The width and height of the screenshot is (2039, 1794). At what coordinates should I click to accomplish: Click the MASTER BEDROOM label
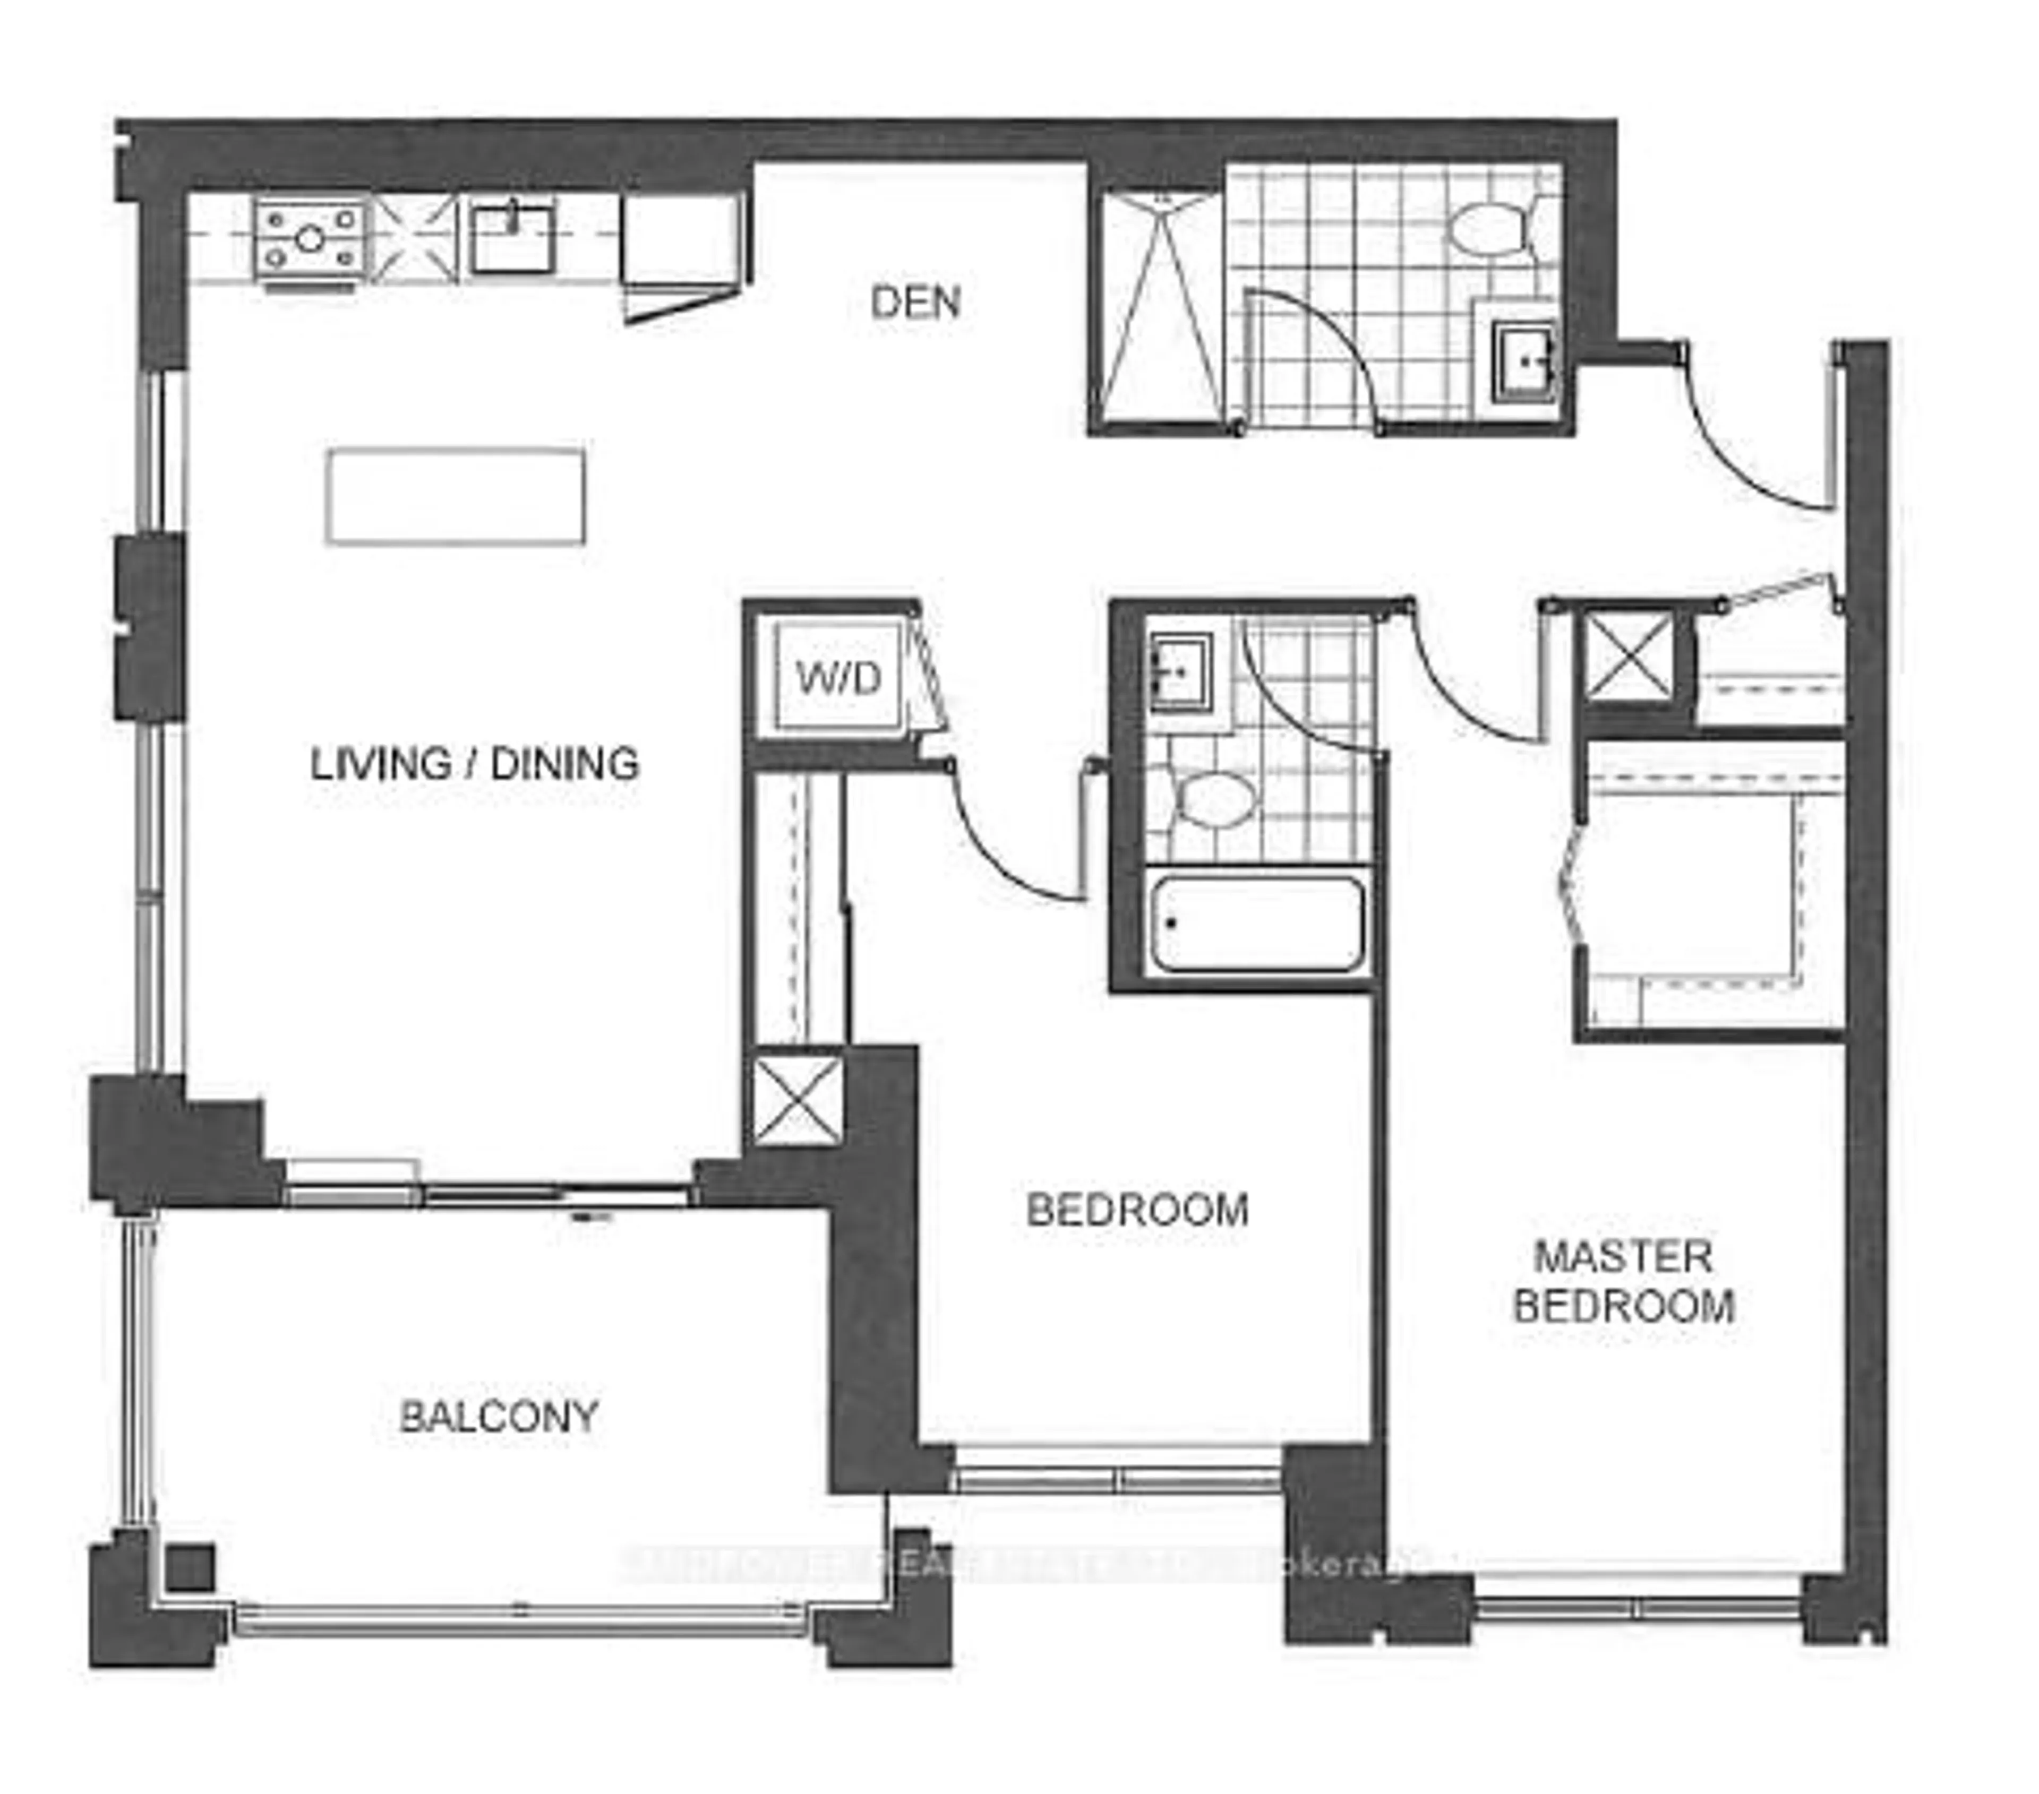click(x=1623, y=1281)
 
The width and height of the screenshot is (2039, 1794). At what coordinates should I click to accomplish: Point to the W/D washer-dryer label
click(x=839, y=679)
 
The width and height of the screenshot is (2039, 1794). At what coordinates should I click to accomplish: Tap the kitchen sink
click(x=512, y=238)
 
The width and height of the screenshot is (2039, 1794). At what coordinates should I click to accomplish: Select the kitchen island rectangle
click(x=455, y=496)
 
